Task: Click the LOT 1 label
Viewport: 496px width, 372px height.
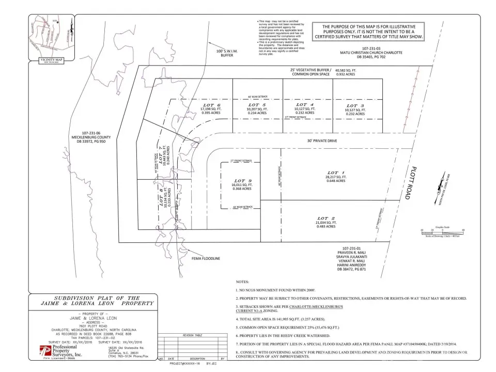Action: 336,173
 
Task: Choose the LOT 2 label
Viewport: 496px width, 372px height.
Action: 327,218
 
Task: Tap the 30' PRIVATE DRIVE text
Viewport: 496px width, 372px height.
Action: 317,140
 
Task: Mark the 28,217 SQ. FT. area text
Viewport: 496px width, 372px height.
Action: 336,177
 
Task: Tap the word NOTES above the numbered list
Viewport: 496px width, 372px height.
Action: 242,282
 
